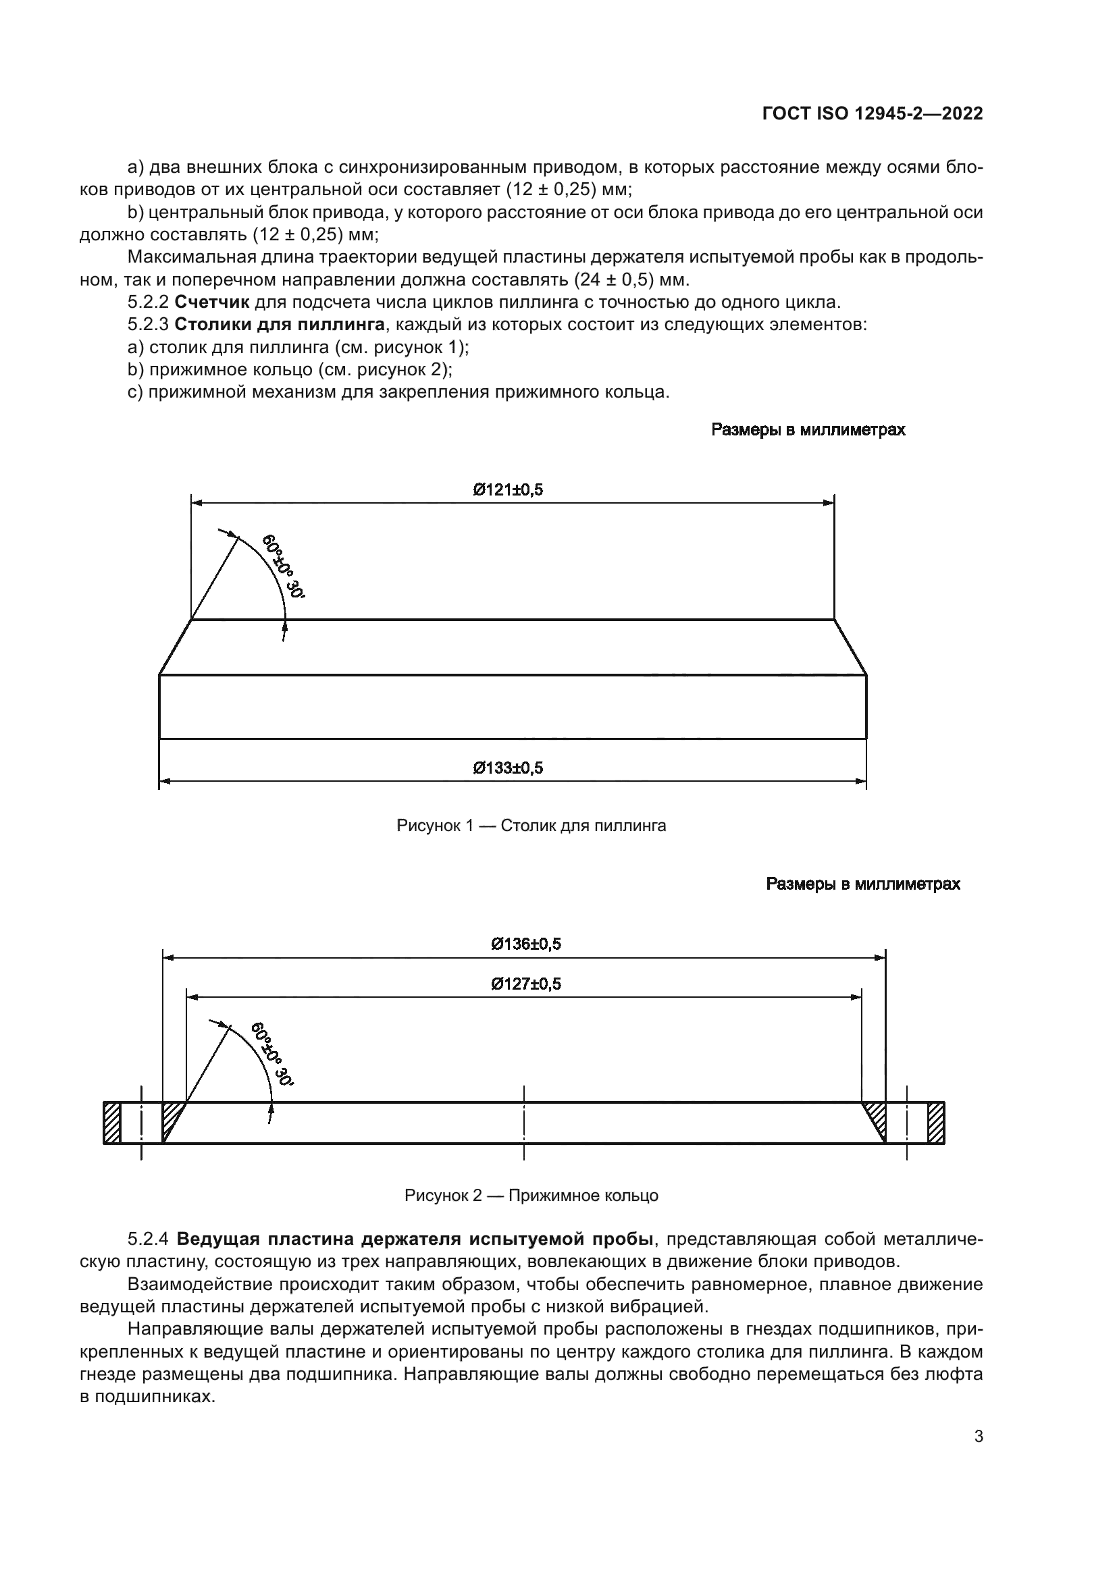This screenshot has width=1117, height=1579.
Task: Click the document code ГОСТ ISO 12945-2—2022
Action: coord(872,114)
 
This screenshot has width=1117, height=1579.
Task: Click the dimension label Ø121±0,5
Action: coord(508,489)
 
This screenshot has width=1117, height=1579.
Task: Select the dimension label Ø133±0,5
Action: coord(508,768)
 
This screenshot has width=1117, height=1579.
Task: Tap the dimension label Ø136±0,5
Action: coord(525,944)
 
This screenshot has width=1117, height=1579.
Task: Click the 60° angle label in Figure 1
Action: coord(283,565)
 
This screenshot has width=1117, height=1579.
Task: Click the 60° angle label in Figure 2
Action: coord(271,1054)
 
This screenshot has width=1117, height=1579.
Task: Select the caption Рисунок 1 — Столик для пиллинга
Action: coord(531,825)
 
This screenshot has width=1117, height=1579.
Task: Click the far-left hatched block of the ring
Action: coord(112,1123)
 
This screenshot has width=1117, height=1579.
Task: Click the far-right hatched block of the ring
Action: coord(935,1123)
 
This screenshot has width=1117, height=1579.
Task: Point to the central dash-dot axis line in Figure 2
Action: coord(524,1123)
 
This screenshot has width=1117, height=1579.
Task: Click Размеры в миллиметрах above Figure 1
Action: coord(808,430)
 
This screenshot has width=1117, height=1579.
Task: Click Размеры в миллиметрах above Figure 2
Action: coord(862,884)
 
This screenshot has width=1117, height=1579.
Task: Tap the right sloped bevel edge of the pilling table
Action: coord(850,647)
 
